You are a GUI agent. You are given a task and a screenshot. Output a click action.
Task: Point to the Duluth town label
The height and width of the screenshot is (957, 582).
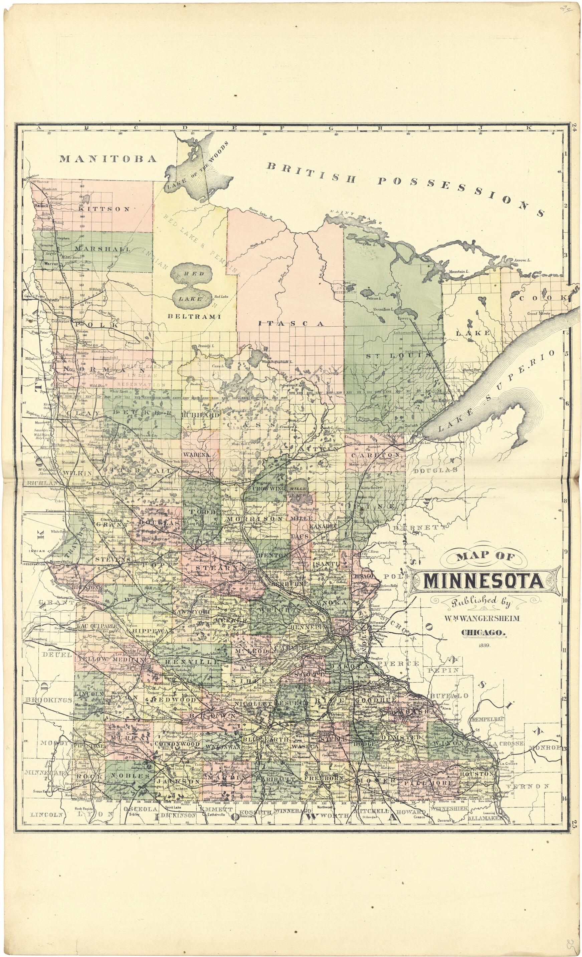[411, 425]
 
